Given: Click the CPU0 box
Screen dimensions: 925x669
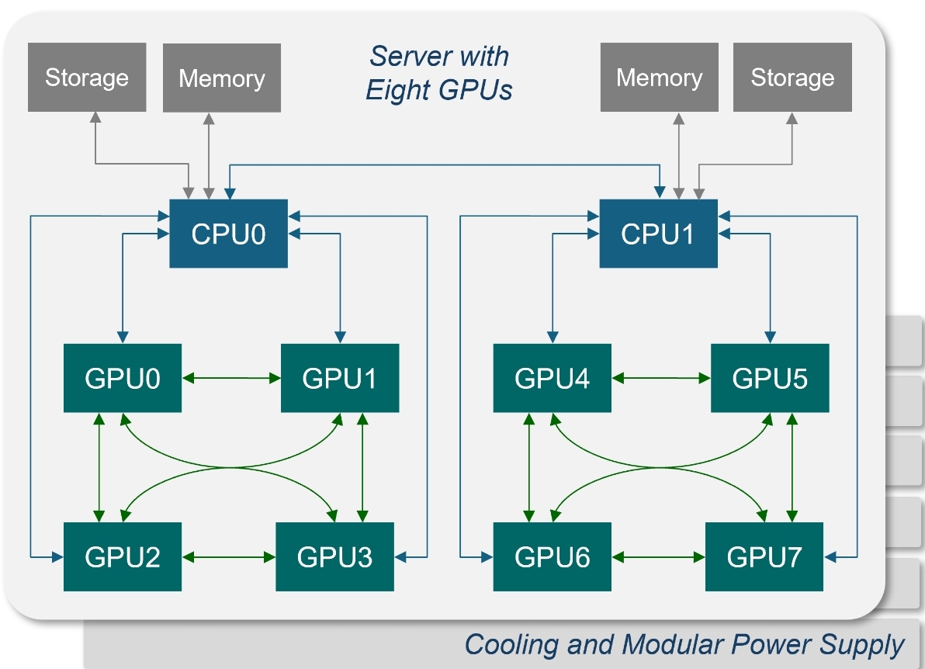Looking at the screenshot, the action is point(228,234).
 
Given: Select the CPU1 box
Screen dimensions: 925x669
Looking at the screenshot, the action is point(658,234).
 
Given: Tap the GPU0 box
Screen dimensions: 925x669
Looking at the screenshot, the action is point(123,378).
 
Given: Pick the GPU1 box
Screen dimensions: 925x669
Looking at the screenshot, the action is point(340,378).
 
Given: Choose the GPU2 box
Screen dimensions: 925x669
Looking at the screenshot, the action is point(123,556).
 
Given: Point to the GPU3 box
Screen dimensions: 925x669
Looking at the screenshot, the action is point(334,556).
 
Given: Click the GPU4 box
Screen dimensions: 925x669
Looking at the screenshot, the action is point(553,378).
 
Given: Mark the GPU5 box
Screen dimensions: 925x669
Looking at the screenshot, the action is point(770,378).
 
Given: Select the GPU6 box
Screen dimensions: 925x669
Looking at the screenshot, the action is point(553,556).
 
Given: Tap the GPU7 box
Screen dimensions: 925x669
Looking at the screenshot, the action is point(764,556).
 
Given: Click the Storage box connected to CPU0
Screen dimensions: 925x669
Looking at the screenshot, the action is point(87,78).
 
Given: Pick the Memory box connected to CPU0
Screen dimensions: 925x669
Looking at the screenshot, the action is point(222,78).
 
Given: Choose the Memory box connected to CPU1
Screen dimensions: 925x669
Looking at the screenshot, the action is point(660,78).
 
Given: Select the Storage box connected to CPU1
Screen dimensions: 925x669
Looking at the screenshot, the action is point(792,78).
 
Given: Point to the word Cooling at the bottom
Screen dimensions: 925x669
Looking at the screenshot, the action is point(511,645).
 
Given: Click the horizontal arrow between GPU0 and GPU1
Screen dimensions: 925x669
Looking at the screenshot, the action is point(231,378).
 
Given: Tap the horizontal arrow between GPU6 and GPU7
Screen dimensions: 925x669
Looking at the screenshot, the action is point(658,556).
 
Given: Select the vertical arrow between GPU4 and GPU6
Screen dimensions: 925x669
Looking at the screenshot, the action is point(529,467).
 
